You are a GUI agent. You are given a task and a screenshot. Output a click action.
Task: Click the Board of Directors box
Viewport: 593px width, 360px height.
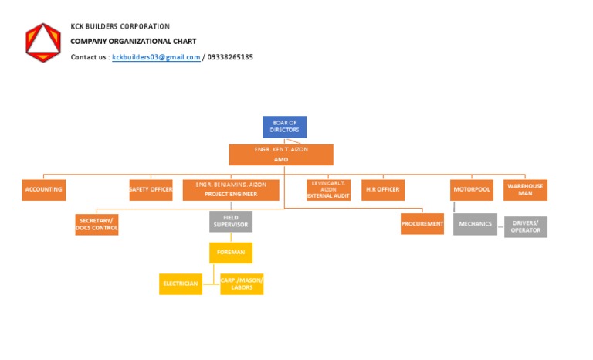(x=284, y=127)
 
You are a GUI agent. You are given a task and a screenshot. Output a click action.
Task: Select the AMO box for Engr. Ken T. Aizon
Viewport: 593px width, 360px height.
(x=281, y=155)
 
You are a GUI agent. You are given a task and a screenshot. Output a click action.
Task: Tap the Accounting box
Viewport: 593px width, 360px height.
(x=43, y=189)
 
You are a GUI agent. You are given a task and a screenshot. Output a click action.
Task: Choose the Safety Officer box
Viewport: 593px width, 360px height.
(x=151, y=189)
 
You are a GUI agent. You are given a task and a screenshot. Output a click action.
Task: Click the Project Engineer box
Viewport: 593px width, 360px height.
(x=231, y=190)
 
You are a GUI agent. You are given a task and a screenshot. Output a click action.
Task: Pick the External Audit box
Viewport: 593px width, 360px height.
(x=328, y=190)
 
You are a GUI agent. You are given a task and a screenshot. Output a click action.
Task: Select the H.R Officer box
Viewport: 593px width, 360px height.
(x=383, y=189)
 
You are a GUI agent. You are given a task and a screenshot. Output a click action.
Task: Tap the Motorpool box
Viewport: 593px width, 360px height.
(x=472, y=189)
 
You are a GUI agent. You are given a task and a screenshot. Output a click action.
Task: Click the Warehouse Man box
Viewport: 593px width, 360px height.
(x=525, y=189)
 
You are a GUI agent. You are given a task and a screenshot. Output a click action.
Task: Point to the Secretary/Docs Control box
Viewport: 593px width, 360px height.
(x=97, y=225)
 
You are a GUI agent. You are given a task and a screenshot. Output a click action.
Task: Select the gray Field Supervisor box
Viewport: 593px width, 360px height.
(x=231, y=222)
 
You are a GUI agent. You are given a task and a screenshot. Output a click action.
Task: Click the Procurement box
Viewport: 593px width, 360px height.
(x=422, y=224)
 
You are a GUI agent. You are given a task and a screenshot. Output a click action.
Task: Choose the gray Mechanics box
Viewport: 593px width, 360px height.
(x=475, y=224)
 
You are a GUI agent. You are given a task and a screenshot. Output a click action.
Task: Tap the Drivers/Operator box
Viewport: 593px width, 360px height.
(x=526, y=226)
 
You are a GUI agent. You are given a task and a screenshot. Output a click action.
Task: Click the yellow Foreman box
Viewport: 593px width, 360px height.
(x=231, y=253)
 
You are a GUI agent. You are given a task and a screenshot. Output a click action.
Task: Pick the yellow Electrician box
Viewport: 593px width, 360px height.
(x=180, y=284)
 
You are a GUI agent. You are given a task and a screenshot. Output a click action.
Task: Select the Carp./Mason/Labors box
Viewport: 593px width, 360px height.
(x=242, y=284)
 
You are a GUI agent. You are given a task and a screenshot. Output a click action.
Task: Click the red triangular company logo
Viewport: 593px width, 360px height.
(x=42, y=42)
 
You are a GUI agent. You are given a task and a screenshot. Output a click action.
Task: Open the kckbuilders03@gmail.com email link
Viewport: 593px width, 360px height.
(x=156, y=57)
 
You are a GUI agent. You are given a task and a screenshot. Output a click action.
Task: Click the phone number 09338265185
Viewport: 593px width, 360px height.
(x=230, y=57)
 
